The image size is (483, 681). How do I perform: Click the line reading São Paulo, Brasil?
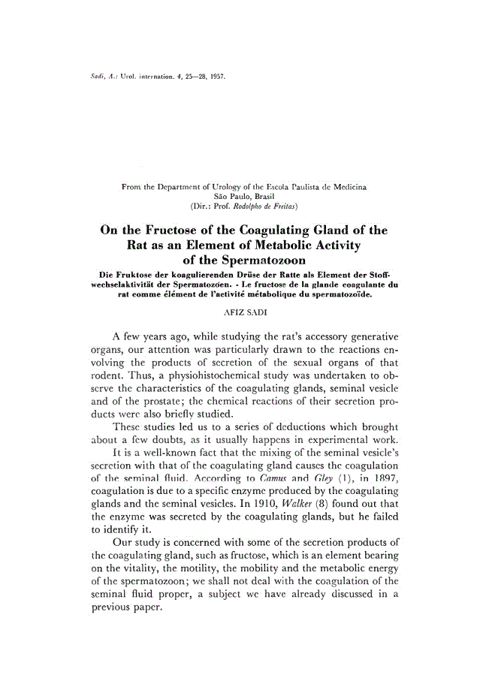[240, 194]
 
